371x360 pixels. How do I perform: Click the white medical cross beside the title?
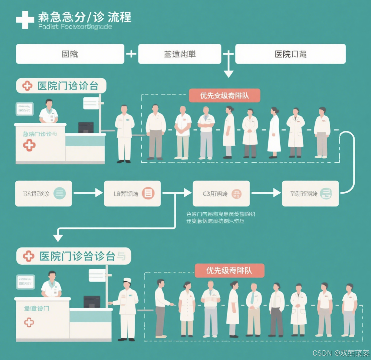[x=25, y=20]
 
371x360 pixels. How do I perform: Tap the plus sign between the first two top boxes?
[x=131, y=53]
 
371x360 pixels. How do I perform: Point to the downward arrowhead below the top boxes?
[x=228, y=74]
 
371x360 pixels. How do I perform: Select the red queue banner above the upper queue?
[x=224, y=96]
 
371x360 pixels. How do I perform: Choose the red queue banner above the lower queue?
[x=229, y=271]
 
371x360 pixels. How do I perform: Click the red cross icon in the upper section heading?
[x=27, y=86]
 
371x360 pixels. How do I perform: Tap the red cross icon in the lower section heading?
[x=29, y=256]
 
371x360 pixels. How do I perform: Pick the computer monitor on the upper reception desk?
[x=86, y=127]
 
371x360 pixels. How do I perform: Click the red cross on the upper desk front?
[x=29, y=145]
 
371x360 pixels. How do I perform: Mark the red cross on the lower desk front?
[x=29, y=322]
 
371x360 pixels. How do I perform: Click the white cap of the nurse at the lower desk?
[x=127, y=280]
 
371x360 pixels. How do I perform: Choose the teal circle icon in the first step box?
[x=60, y=193]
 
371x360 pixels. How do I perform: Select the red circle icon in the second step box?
[x=148, y=193]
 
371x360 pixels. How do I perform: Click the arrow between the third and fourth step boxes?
[x=266, y=193]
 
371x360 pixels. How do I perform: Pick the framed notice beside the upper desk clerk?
[x=25, y=109]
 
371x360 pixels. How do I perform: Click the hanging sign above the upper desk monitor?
[x=91, y=103]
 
